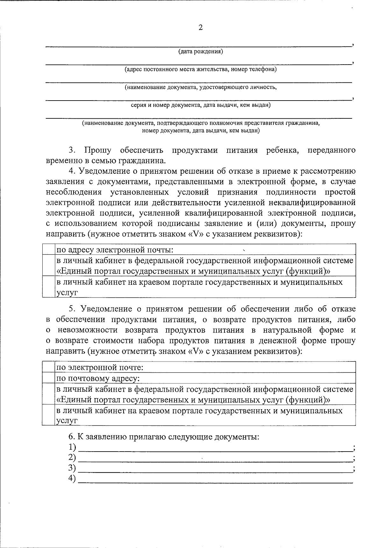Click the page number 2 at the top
[x=200, y=28]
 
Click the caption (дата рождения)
[x=200, y=52]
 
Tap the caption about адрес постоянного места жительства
[x=200, y=69]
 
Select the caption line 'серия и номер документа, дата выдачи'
[x=201, y=105]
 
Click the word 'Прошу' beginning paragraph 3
[x=97, y=150]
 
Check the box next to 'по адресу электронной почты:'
[x=48, y=249]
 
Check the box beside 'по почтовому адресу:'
[x=48, y=378]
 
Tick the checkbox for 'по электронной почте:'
[x=48, y=367]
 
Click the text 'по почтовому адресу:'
[x=98, y=378]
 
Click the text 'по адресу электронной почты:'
[x=115, y=249]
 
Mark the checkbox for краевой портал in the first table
[x=48, y=287]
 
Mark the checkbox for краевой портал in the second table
[x=48, y=415]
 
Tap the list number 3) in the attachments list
[x=72, y=468]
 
